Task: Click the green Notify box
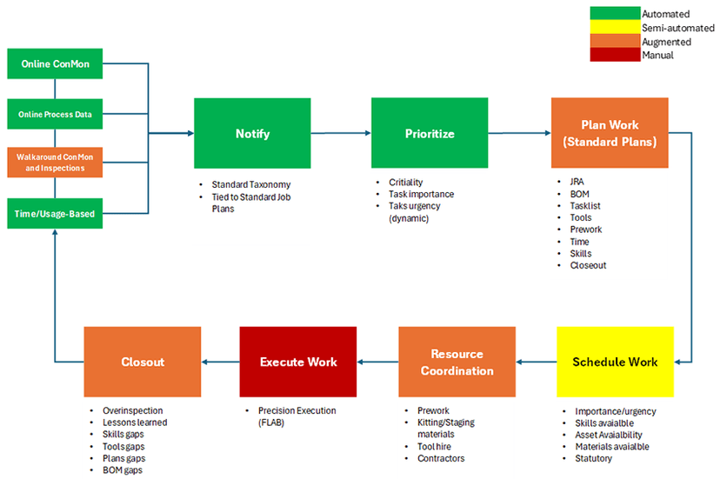252,133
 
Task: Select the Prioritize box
430,133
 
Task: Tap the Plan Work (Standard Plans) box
610,133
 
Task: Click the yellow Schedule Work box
615,362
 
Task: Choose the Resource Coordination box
457,362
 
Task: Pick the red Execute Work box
298,362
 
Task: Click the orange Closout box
143,362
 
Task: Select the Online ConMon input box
55,63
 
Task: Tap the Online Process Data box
55,114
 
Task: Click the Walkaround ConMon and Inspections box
55,162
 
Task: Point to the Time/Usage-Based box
55,214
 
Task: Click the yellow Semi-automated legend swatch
615,27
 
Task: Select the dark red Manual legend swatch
615,55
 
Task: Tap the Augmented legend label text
666,42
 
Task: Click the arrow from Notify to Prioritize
341,133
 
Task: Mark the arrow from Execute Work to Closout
220,362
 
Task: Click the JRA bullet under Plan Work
577,182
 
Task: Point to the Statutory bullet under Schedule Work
593,458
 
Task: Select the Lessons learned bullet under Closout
135,422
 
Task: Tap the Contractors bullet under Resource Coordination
441,458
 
